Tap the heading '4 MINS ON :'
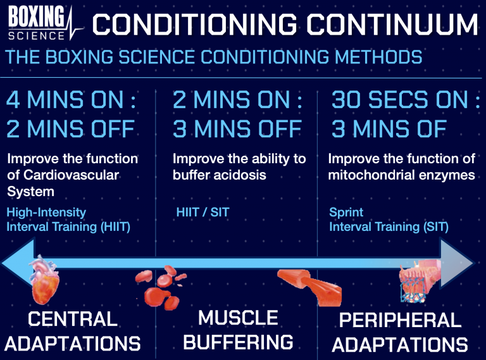[x=72, y=101]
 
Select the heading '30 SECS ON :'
[x=405, y=101]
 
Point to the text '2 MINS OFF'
[x=71, y=129]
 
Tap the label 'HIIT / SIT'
[x=202, y=213]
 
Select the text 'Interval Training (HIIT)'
[x=68, y=227]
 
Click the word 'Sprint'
[x=346, y=213]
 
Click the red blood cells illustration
[x=161, y=284]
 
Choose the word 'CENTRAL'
[x=73, y=318]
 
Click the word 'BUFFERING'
[x=239, y=342]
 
